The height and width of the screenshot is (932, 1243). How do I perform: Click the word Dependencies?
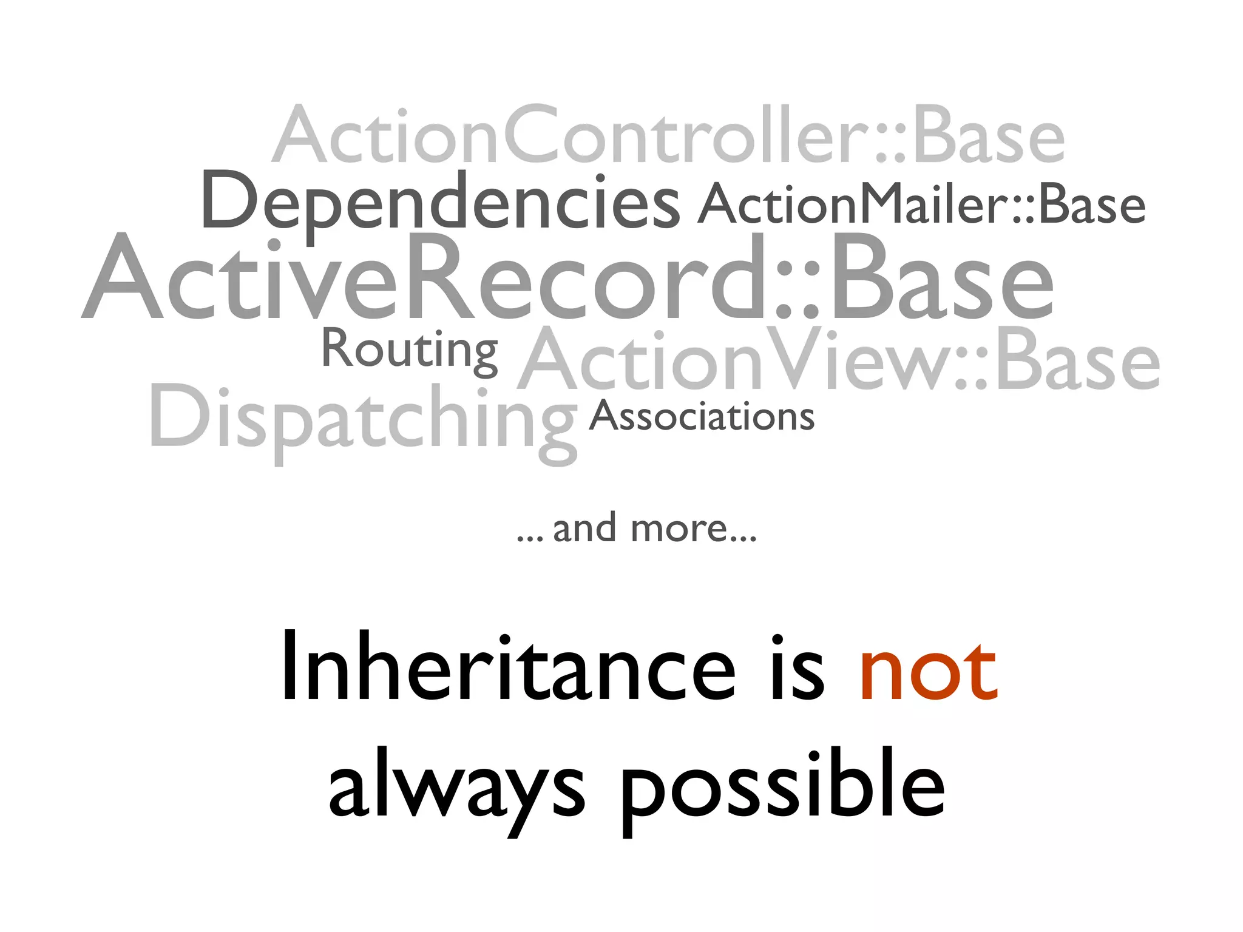440,202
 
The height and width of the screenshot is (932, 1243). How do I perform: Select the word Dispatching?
363,419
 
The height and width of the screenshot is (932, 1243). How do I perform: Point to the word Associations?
702,417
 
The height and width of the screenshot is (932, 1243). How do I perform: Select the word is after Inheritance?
798,667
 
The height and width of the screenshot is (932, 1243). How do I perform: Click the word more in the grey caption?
680,528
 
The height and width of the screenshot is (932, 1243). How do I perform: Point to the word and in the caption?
584,528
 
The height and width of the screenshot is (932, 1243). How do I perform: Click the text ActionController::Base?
668,135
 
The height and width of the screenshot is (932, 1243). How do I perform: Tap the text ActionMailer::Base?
921,204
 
